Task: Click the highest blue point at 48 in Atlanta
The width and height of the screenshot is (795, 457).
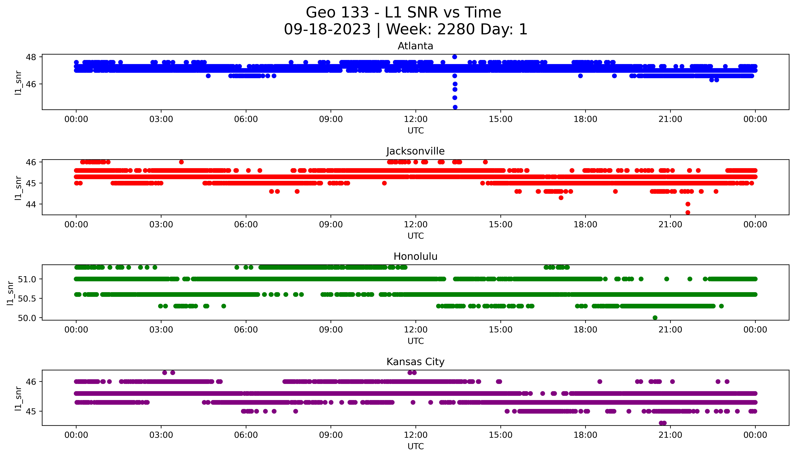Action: pyautogui.click(x=454, y=57)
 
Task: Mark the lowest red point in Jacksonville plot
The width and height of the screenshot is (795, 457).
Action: pyautogui.click(x=688, y=212)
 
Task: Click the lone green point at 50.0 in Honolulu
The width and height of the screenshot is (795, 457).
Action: pyautogui.click(x=655, y=318)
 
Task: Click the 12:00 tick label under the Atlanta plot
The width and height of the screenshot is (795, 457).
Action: pyautogui.click(x=415, y=119)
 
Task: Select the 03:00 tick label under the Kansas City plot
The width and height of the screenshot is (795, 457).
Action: pyautogui.click(x=161, y=435)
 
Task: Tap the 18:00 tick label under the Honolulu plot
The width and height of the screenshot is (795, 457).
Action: pyautogui.click(x=585, y=330)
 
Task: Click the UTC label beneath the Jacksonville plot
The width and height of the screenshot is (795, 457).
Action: pyautogui.click(x=415, y=236)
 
